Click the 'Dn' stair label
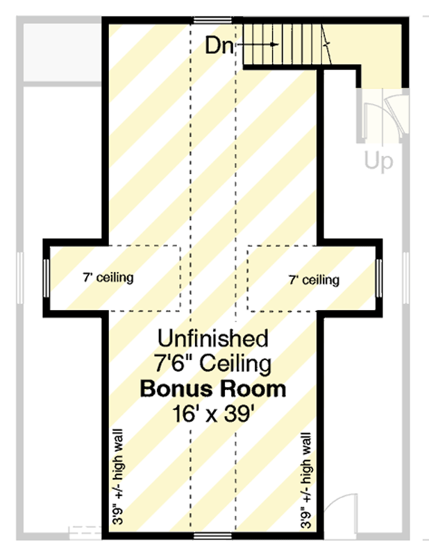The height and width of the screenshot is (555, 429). click(x=219, y=46)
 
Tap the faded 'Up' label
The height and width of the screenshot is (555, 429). click(x=379, y=162)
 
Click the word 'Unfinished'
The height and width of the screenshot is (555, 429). click(x=213, y=338)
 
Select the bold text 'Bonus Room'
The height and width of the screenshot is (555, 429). click(x=213, y=388)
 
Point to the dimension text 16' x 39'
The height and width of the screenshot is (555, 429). click(x=213, y=413)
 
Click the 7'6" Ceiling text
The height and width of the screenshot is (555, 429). click(x=213, y=364)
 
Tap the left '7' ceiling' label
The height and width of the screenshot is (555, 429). click(x=108, y=277)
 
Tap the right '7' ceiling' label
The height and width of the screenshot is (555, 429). click(x=314, y=280)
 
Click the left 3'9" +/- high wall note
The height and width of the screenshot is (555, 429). click(x=117, y=477)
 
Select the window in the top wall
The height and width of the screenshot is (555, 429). click(x=212, y=20)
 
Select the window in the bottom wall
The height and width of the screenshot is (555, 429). click(x=212, y=536)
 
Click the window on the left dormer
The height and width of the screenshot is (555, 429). click(x=46, y=278)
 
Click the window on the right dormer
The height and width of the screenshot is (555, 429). click(x=379, y=278)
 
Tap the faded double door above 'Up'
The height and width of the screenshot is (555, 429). click(x=383, y=116)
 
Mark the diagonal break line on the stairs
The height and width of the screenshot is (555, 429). click(x=326, y=44)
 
